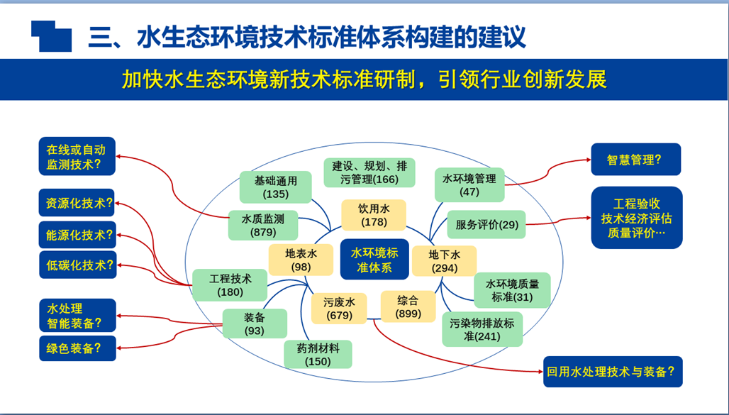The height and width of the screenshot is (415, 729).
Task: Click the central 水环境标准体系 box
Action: click(374, 260)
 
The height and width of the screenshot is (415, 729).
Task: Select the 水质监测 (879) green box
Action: click(263, 225)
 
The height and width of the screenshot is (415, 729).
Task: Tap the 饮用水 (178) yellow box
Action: click(374, 215)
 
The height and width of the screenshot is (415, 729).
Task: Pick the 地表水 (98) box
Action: click(301, 260)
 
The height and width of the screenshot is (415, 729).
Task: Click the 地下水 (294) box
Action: click(445, 261)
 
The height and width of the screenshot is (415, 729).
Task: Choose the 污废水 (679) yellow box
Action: click(338, 308)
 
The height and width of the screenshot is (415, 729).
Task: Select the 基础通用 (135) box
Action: click(275, 187)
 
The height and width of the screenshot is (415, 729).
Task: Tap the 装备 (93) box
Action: click(255, 323)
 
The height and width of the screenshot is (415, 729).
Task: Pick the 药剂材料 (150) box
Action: click(318, 354)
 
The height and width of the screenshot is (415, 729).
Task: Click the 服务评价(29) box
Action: click(486, 225)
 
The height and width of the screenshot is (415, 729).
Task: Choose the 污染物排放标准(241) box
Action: click(482, 329)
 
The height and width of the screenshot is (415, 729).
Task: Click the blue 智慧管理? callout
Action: click(635, 160)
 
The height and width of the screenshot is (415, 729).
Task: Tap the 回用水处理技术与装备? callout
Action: click(613, 371)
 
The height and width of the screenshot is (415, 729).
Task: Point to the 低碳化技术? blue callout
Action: click(77, 265)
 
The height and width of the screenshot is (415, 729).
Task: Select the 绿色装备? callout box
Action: click(77, 348)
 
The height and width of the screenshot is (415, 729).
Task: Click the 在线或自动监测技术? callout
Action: click(77, 157)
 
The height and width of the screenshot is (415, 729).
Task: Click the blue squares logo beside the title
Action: click(51, 35)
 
